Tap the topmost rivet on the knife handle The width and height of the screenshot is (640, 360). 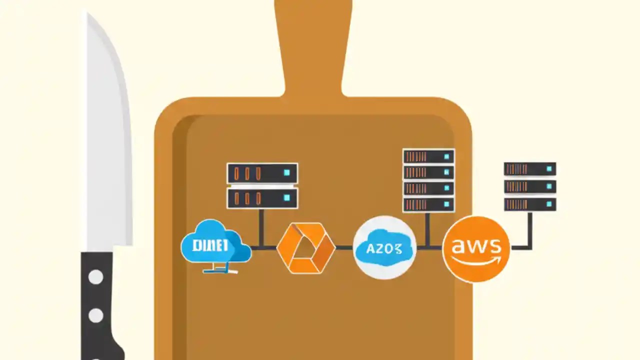[95, 276]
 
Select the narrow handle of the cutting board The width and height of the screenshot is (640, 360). [313, 45]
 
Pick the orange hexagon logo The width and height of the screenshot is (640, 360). [305, 248]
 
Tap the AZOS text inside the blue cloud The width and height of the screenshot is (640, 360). [384, 248]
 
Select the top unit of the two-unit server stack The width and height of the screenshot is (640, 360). [262, 173]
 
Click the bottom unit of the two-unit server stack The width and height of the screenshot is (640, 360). [262, 198]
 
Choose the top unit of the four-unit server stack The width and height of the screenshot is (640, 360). [428, 156]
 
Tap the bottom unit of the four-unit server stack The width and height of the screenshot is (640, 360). [428, 204]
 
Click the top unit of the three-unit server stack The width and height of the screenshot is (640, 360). [530, 169]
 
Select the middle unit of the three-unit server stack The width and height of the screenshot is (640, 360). [530, 186]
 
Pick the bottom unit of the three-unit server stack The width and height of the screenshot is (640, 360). [530, 204]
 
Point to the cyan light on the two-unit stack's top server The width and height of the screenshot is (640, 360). [286, 173]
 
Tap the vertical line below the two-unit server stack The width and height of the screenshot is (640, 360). [261, 227]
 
